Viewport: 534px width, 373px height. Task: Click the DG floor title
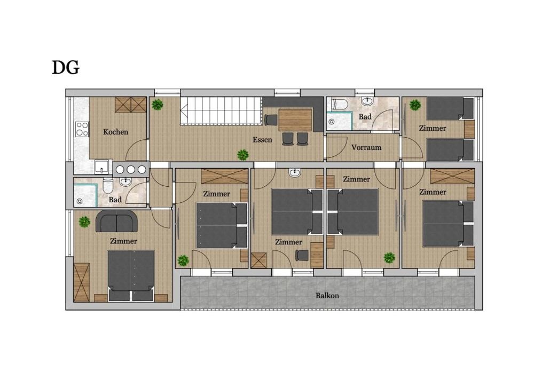tap(65, 67)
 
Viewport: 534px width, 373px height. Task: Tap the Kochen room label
tap(115, 132)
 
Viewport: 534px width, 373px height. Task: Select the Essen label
tap(262, 139)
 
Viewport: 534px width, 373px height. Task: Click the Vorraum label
tap(366, 147)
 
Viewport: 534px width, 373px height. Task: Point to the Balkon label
tap(327, 296)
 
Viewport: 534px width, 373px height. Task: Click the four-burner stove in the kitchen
tap(82, 129)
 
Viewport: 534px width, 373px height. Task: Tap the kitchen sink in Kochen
tap(101, 167)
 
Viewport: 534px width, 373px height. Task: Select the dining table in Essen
tap(295, 120)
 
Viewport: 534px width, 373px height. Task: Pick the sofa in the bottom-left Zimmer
tap(116, 221)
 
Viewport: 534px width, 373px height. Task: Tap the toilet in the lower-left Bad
tap(108, 185)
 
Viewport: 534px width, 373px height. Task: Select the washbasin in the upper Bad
tap(367, 101)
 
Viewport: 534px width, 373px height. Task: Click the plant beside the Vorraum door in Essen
tap(243, 155)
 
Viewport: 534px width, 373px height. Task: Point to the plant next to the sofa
tap(84, 222)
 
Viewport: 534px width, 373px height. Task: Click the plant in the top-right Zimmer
tap(415, 105)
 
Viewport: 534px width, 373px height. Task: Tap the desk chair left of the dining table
tap(271, 120)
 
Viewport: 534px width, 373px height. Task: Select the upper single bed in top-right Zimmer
tap(450, 108)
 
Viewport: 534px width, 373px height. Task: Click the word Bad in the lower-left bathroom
tap(115, 200)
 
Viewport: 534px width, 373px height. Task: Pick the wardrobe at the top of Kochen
tap(131, 105)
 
